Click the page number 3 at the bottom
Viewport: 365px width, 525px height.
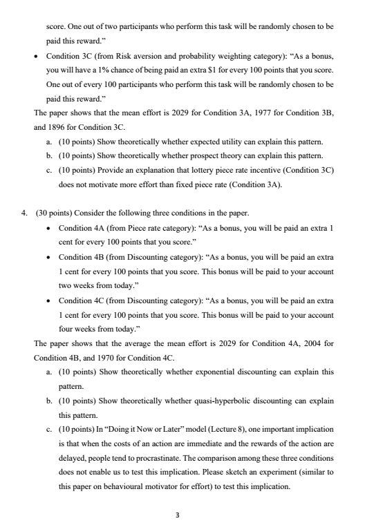[182, 495]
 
